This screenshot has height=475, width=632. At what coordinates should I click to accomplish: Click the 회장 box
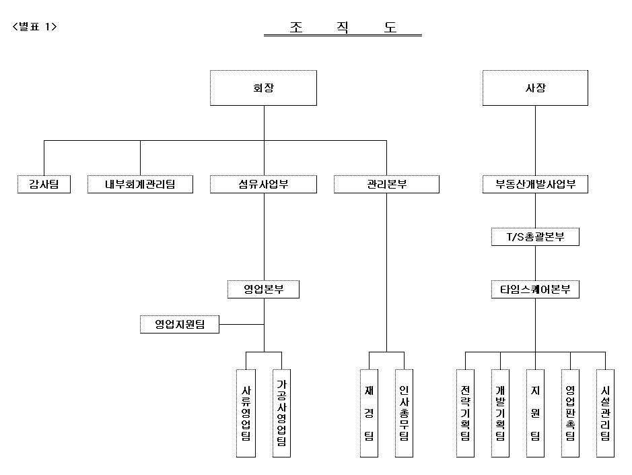click(263, 88)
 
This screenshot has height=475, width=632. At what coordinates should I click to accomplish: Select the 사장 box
click(535, 88)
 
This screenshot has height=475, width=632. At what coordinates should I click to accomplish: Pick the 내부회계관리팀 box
click(140, 184)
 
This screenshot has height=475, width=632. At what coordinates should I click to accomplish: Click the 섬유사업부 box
click(263, 184)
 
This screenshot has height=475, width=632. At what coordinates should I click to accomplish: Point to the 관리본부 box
click(386, 184)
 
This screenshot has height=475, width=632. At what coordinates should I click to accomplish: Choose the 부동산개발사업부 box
click(535, 184)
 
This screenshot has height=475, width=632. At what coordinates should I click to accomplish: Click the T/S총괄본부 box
click(535, 236)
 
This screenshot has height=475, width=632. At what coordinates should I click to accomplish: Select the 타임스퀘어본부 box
click(535, 290)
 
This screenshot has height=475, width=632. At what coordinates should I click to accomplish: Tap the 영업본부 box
click(263, 290)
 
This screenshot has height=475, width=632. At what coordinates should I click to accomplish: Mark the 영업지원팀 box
click(180, 325)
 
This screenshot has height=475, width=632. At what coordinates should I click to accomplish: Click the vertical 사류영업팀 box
click(246, 412)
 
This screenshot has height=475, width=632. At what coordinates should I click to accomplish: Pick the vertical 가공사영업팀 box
click(281, 412)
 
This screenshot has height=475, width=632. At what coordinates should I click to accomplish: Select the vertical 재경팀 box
click(369, 412)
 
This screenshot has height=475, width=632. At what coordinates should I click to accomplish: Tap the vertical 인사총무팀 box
click(404, 412)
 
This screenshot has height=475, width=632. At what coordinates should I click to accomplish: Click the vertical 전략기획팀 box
click(465, 412)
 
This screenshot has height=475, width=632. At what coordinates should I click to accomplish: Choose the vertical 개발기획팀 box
click(500, 412)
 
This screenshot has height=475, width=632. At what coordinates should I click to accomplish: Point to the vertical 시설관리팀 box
click(605, 412)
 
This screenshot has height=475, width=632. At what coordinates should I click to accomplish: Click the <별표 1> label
click(35, 27)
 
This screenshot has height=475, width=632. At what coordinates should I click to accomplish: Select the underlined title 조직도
click(343, 27)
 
